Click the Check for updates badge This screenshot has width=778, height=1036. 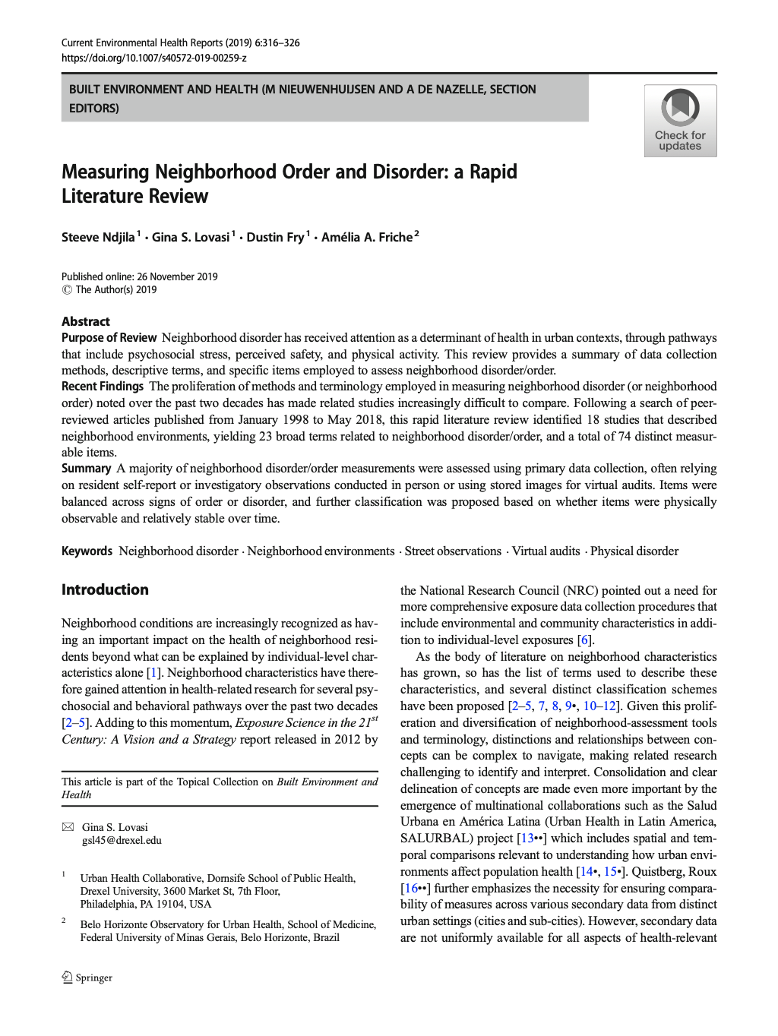coord(680,121)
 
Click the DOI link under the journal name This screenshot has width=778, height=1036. coord(153,58)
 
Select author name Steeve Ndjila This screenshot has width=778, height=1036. coord(98,238)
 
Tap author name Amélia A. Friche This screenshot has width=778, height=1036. coord(366,238)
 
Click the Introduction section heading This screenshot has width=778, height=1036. coord(105,589)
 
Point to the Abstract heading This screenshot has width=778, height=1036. coord(86,321)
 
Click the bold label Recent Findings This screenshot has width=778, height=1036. coord(103,387)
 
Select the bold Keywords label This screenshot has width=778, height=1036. coord(87,551)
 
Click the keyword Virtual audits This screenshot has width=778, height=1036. coord(546,551)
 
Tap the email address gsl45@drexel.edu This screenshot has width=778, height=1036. coord(122,840)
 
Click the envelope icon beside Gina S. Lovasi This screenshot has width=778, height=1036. coord(68,827)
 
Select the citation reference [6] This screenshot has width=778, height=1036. coord(584,640)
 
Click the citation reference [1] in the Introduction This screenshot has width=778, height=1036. coord(153,673)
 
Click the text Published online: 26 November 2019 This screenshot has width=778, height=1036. coord(139,276)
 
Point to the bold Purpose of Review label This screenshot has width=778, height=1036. coord(109,338)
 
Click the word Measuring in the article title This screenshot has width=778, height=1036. coord(105,172)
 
